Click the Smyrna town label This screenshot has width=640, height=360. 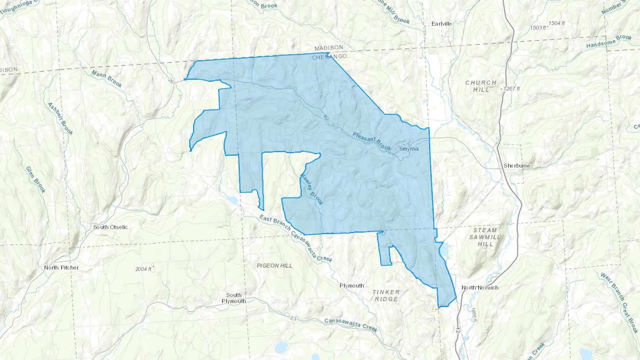click(x=409, y=149)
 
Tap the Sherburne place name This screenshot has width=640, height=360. click(x=517, y=166)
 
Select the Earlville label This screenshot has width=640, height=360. click(x=442, y=24)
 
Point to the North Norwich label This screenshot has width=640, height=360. click(x=480, y=288)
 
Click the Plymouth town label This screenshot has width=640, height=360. click(x=352, y=285)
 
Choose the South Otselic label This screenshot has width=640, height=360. click(x=110, y=227)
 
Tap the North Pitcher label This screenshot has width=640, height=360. click(x=62, y=268)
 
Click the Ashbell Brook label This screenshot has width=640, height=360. click(x=60, y=119)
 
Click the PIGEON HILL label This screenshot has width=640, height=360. click(x=274, y=265)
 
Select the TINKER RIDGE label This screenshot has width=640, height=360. click(x=386, y=295)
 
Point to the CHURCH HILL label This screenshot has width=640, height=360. click(x=481, y=86)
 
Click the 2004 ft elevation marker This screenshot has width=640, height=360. click(x=144, y=269)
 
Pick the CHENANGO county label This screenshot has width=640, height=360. click(x=329, y=57)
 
